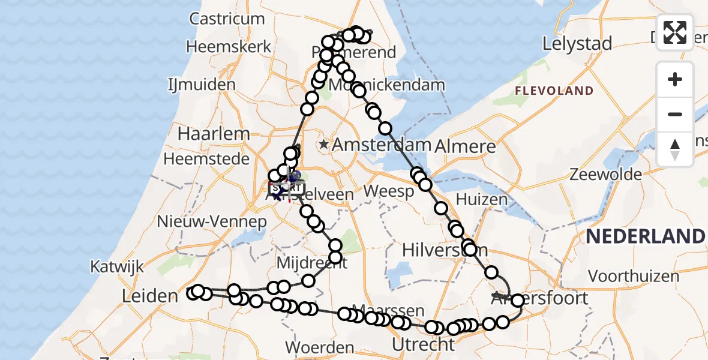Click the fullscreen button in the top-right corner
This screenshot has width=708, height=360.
coord(675,32)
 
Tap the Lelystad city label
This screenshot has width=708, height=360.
coord(577,44)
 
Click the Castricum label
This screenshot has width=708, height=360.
coord(227,19)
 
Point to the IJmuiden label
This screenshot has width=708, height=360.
coord(202,84)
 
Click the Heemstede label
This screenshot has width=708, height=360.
coord(206,159)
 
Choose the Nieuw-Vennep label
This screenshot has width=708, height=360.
coord(211,221)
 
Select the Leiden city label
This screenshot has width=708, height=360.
coord(150,295)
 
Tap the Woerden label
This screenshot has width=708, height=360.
coord(319,347)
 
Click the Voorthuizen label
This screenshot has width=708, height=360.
coord(634,277)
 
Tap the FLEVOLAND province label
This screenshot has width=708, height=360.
coord(554,91)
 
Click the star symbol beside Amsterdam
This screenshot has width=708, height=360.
coord(324,144)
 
